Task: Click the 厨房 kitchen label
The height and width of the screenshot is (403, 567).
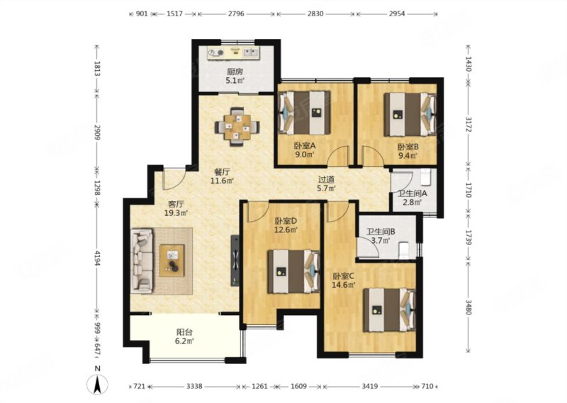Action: tap(235, 72)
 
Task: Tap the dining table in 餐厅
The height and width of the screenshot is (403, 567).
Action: tap(237, 127)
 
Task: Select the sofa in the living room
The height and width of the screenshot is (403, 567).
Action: tap(142, 259)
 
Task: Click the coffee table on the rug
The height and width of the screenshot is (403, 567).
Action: tap(172, 261)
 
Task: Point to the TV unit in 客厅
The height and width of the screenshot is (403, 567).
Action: tap(235, 260)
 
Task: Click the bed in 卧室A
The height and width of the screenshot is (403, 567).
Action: tap(304, 113)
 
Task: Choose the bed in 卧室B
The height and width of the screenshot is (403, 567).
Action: tap(410, 115)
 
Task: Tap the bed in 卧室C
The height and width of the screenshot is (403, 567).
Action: tap(389, 310)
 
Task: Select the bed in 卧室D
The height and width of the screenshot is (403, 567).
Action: tap(293, 271)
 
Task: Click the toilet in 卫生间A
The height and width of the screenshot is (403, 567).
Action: tap(426, 177)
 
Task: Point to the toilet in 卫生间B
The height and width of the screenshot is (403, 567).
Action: tap(403, 251)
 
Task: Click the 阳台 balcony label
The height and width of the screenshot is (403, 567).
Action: tap(184, 331)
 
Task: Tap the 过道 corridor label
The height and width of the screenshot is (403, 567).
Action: tap(326, 179)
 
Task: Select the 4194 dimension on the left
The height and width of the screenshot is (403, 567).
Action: tap(97, 257)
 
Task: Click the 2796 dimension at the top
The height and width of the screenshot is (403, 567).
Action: tap(236, 13)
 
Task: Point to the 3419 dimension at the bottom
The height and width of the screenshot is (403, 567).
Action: tap(370, 387)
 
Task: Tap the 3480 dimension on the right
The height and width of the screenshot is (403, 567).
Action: tap(468, 307)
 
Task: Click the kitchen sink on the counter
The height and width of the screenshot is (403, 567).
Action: tap(250, 53)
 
